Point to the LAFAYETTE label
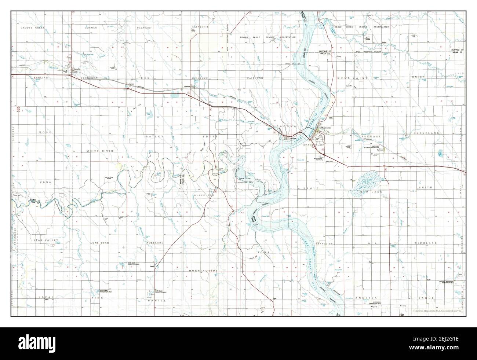200,27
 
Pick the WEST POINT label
346,78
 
